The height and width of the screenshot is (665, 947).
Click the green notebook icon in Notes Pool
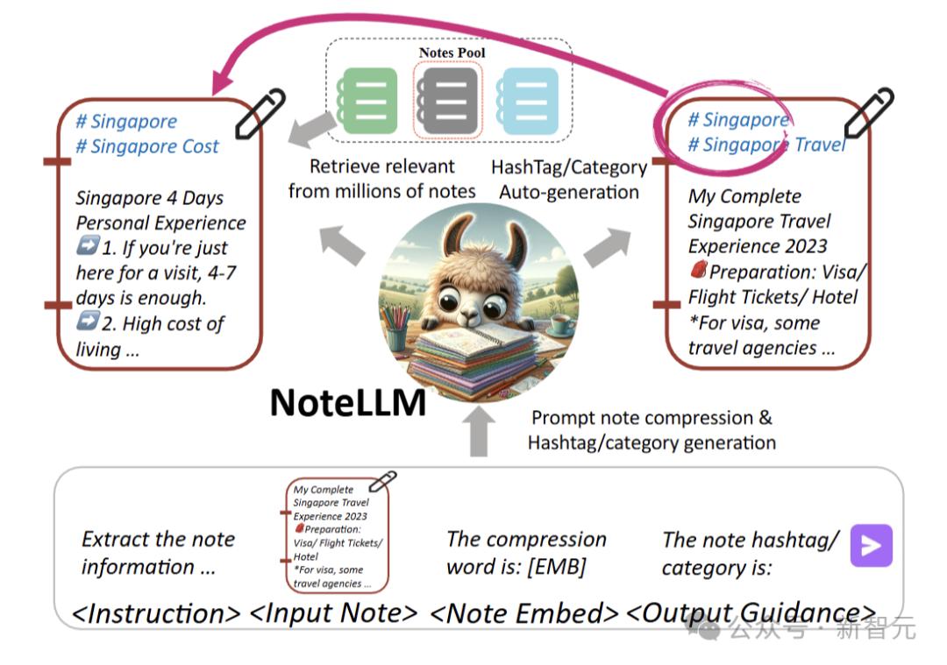point(369,101)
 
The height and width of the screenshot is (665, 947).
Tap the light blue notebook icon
point(527,101)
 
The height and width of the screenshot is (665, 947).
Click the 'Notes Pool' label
point(452,53)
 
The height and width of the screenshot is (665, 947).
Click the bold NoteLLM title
point(348,403)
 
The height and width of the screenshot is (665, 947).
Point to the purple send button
point(872,546)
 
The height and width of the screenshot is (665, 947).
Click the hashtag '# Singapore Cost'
point(146,146)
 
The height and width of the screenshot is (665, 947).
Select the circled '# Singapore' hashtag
point(738,120)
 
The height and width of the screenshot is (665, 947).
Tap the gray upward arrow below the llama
point(478,431)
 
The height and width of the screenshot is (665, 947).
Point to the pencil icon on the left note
point(260,114)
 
